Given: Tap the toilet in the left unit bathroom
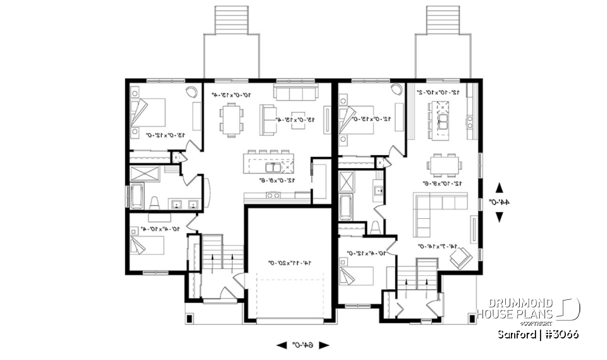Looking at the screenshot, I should pos(155,202).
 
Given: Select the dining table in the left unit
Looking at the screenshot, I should pos(233,120).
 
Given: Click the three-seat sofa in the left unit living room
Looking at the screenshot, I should pos(295,94).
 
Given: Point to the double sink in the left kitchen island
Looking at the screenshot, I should pos(273,168).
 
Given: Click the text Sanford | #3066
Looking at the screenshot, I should pos(537,333).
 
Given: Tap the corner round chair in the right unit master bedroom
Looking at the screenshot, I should pos(396,90).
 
